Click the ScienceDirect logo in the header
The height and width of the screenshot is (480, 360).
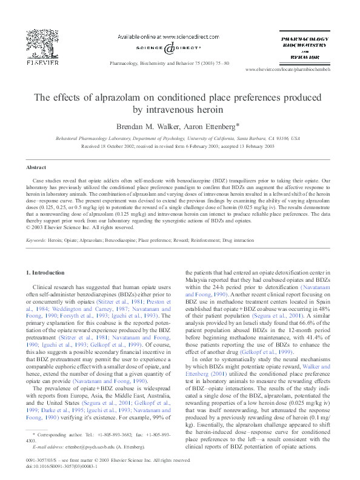pyautogui.click(x=166, y=47)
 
